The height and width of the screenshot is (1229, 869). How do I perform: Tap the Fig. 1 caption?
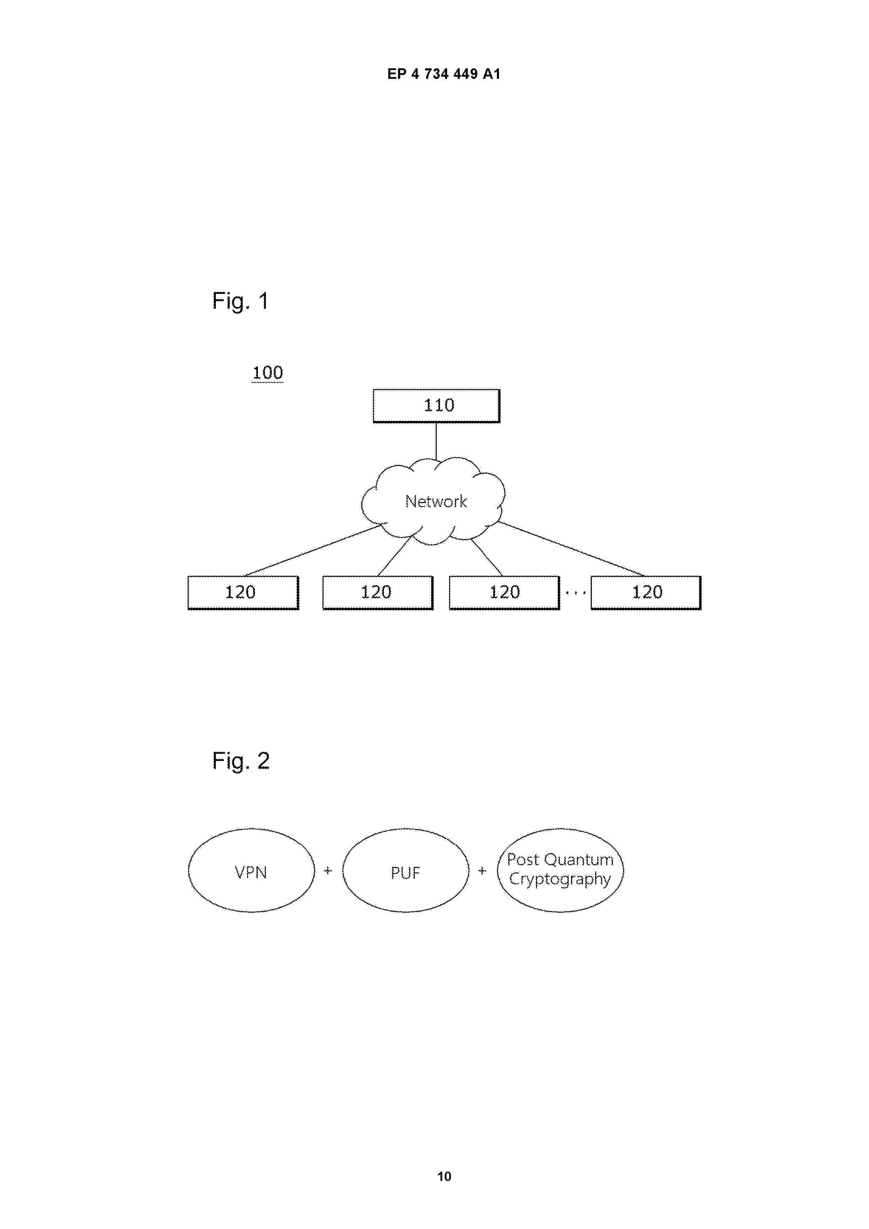tap(240, 301)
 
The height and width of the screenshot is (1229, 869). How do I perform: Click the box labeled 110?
tap(436, 406)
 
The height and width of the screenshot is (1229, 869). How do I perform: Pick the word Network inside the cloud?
tap(436, 502)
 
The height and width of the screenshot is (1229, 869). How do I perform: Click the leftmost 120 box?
tap(243, 592)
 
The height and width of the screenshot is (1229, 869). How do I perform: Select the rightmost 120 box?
tap(646, 592)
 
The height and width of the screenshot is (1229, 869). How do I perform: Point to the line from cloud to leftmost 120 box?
tap(313, 550)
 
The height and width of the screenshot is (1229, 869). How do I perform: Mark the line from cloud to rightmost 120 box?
tap(571, 549)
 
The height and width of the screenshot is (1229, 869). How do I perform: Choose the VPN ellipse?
tap(251, 870)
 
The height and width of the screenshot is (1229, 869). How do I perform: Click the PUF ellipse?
tap(405, 870)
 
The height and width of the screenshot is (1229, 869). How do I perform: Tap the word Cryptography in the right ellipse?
tap(560, 879)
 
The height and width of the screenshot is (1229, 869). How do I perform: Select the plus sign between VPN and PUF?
tap(328, 871)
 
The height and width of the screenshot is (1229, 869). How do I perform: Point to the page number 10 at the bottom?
tap(444, 1176)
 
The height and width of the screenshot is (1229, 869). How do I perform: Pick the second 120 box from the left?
tap(377, 592)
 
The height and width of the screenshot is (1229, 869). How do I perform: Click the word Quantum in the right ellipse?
tap(579, 860)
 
